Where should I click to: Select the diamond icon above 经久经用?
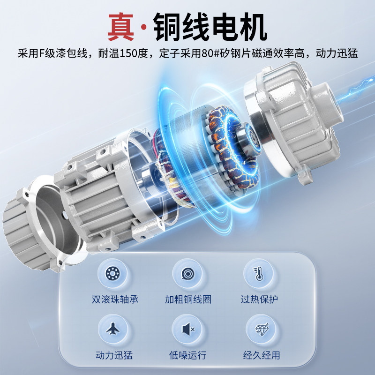(258, 330)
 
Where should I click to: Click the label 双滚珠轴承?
(115, 299)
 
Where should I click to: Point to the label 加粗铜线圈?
(188, 299)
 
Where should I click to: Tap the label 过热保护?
(259, 299)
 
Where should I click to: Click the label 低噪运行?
(187, 355)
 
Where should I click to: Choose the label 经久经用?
(259, 355)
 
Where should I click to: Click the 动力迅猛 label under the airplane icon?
(114, 355)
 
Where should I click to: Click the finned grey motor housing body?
(94, 197)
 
